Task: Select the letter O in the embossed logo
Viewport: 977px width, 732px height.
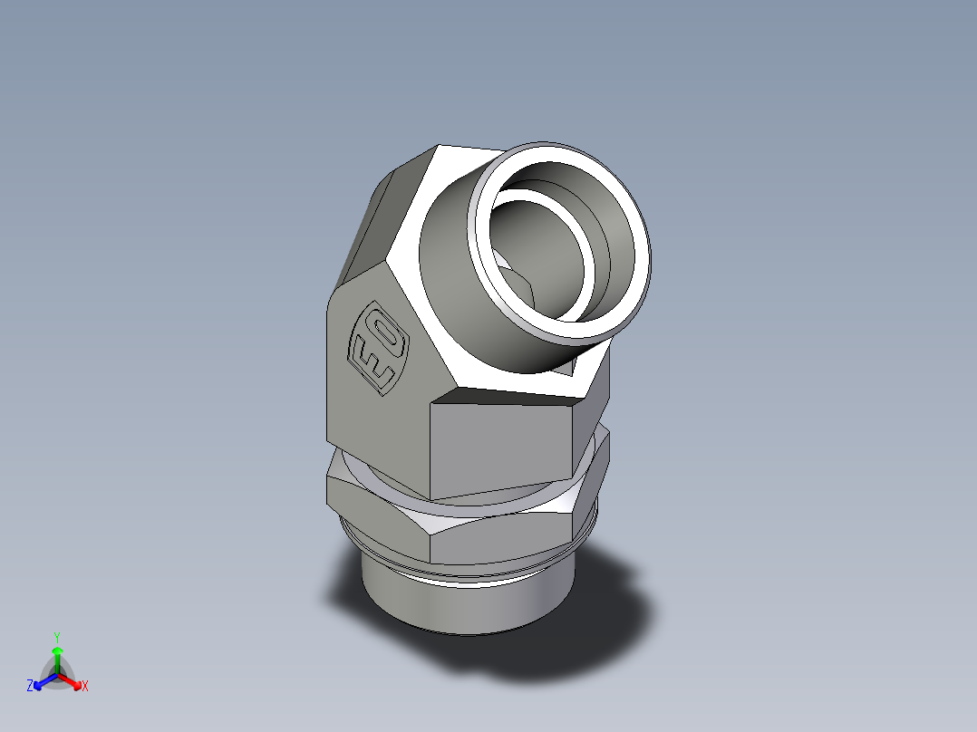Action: pos(387,337)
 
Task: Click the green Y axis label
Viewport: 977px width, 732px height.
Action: pos(56,637)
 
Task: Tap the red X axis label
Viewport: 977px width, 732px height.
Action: pos(85,687)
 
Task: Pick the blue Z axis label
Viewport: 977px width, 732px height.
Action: pos(30,687)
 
